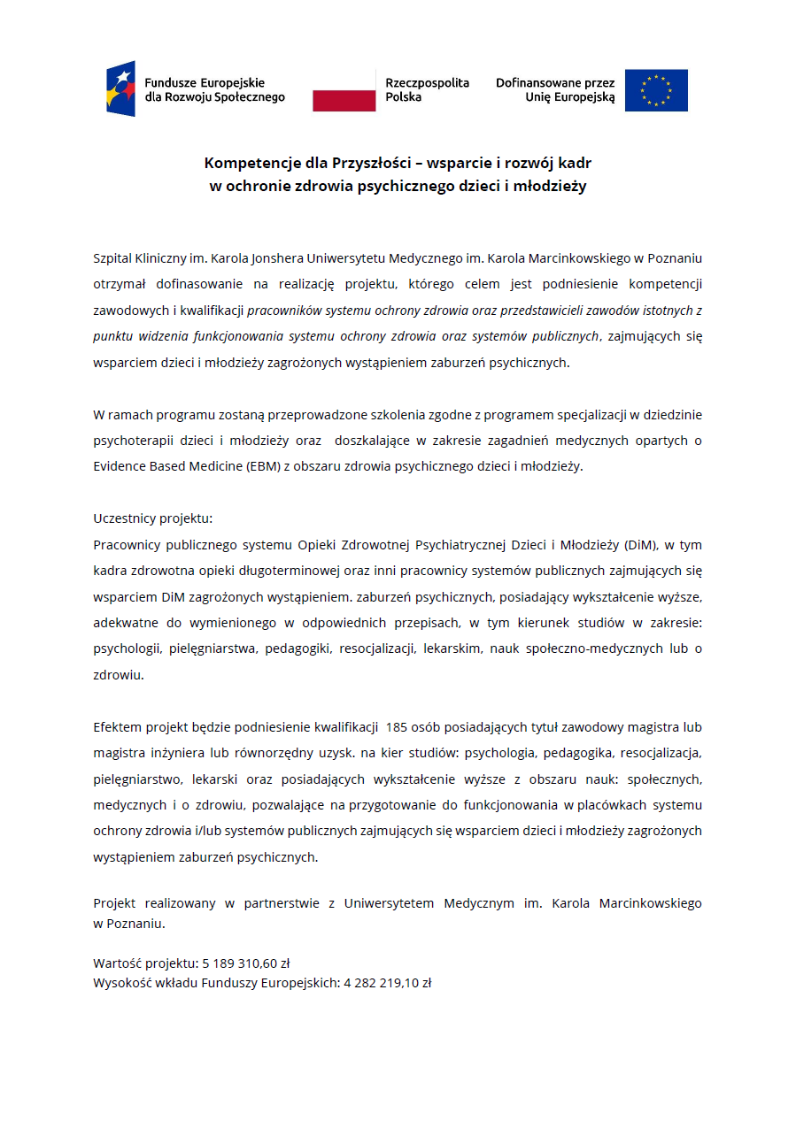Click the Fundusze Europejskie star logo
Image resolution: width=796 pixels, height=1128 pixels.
pyautogui.click(x=122, y=89)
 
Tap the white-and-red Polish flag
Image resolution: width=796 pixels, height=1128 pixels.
pyautogui.click(x=344, y=90)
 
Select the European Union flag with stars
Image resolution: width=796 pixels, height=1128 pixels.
pyautogui.click(x=656, y=90)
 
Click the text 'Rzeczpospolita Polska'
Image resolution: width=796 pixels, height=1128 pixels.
pyautogui.click(x=427, y=89)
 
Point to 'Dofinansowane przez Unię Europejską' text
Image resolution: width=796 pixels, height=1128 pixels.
pyautogui.click(x=555, y=89)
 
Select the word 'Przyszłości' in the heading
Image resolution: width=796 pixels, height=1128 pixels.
pyautogui.click(x=373, y=163)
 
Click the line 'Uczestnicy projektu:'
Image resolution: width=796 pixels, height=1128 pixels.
pyautogui.click(x=153, y=518)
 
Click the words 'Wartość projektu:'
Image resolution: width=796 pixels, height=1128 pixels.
pyautogui.click(x=145, y=963)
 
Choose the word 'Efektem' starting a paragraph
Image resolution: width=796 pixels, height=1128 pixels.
pyautogui.click(x=118, y=727)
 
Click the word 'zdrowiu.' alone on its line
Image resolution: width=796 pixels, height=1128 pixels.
pyautogui.click(x=119, y=674)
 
